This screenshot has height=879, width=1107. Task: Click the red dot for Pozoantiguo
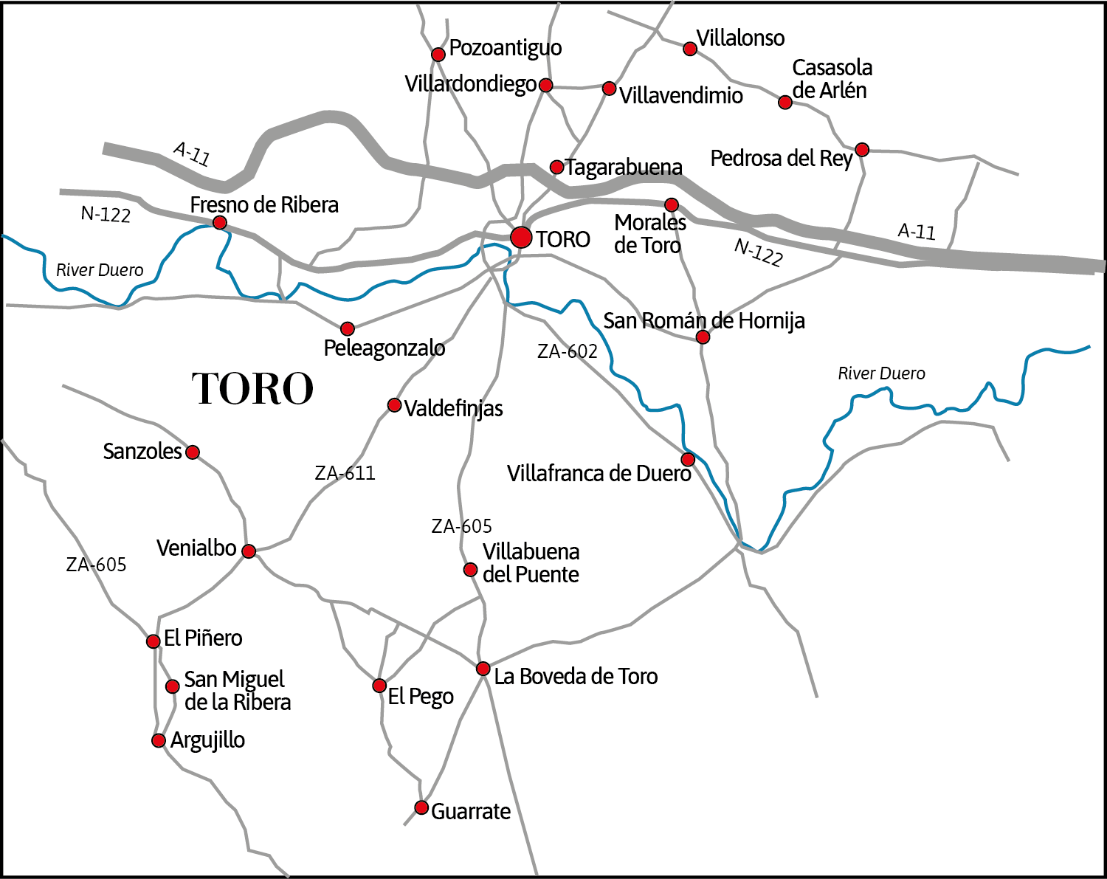(438, 54)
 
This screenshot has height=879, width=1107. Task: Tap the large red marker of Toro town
(521, 237)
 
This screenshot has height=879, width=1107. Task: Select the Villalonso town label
(740, 38)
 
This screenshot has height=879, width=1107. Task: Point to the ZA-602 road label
(567, 351)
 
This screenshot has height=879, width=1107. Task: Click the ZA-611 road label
(345, 473)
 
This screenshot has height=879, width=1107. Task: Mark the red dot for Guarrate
(421, 807)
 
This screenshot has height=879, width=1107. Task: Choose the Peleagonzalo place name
(384, 348)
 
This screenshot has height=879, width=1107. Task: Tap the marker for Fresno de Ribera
(219, 222)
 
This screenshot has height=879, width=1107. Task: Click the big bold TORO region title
(252, 388)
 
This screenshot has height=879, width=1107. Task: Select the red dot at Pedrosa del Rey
(861, 150)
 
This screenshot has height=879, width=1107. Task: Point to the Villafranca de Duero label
(599, 473)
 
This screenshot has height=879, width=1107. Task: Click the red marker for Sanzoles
(193, 452)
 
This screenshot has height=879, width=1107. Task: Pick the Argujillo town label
(207, 740)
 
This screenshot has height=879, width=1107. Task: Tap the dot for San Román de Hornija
(703, 337)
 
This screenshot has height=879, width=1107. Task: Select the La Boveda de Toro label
(576, 676)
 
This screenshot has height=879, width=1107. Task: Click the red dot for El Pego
(379, 686)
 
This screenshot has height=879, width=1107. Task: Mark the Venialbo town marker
(249, 551)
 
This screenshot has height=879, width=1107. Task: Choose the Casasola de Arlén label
(832, 79)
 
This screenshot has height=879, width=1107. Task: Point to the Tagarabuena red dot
(556, 168)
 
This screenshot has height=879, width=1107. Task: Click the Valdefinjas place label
(453, 408)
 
